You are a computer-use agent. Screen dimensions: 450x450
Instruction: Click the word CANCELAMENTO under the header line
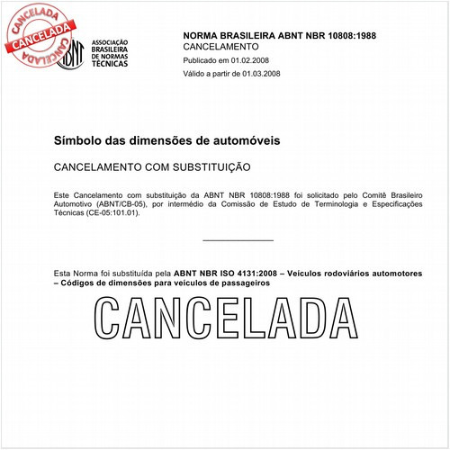click(x=220, y=46)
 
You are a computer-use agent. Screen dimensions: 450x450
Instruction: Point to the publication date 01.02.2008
click(x=254, y=59)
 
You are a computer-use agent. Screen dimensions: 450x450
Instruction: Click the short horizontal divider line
click(x=238, y=240)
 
